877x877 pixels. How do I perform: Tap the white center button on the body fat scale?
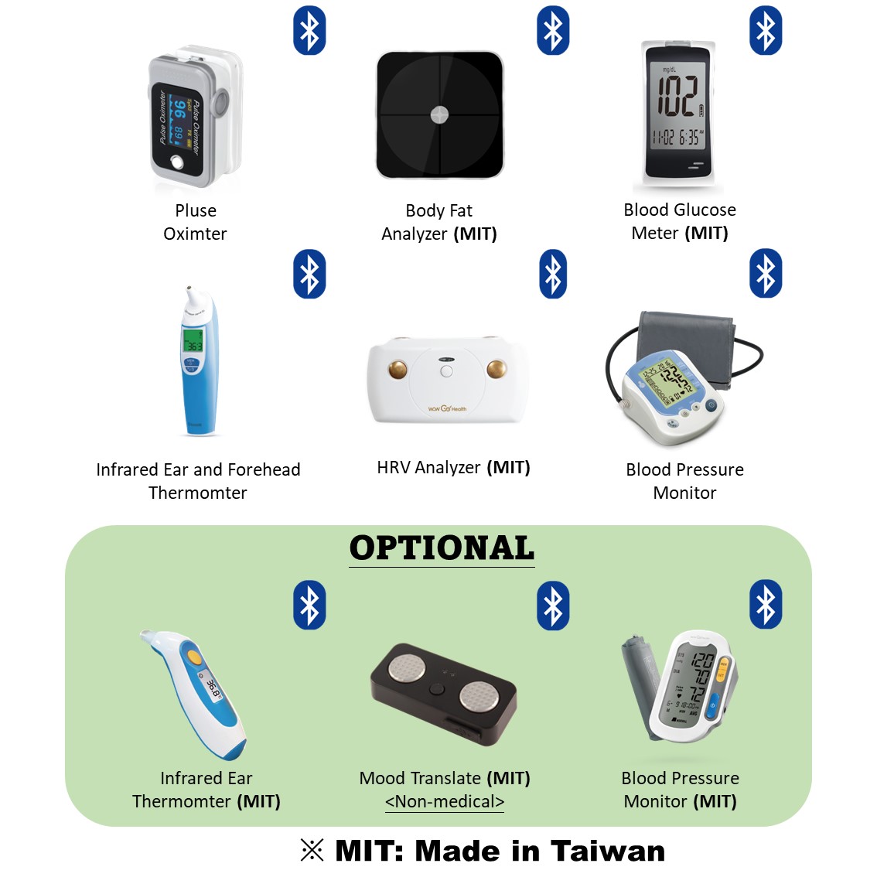439,114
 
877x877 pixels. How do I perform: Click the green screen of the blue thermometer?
192,341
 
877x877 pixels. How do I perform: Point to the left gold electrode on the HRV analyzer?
398,369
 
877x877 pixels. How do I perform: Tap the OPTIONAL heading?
442,548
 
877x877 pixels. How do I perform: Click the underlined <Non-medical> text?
445,802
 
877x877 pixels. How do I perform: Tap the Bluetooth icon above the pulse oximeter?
309,31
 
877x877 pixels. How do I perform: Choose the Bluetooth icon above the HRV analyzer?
553,274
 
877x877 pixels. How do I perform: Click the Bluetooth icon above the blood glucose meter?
766,31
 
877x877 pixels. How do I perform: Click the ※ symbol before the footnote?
312,851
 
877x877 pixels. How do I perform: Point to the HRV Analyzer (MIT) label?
453,468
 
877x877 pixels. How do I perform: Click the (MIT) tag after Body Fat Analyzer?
475,234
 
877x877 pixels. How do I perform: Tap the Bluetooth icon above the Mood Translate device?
553,605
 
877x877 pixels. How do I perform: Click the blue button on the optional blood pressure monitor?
714,703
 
